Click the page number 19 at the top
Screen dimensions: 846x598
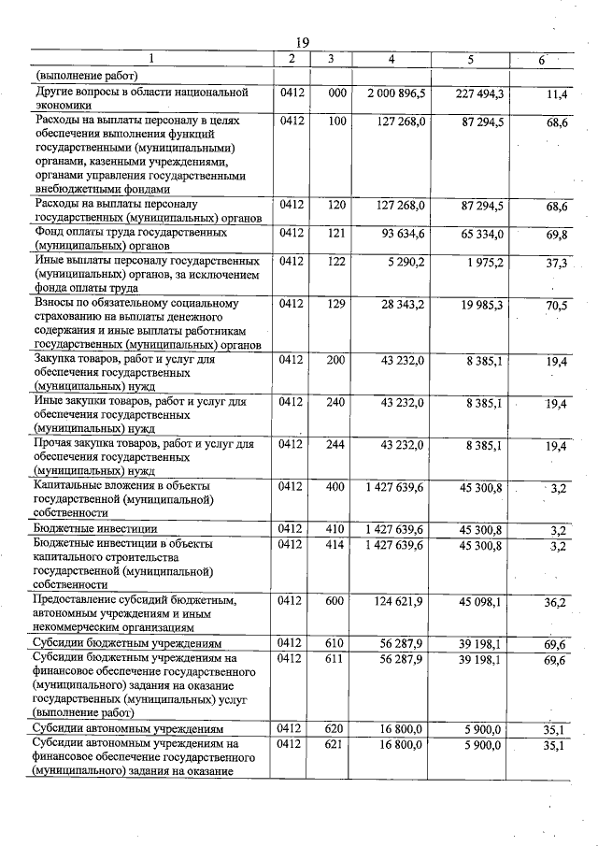click(x=302, y=42)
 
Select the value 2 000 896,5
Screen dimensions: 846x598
click(x=397, y=93)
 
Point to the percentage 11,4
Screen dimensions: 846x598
click(x=558, y=94)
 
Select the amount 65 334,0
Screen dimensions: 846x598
click(x=483, y=232)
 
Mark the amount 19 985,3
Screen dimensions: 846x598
click(x=483, y=305)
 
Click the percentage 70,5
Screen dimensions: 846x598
click(x=558, y=306)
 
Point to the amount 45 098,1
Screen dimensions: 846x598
click(x=483, y=600)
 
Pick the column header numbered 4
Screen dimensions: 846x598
click(x=392, y=60)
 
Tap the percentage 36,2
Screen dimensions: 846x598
click(x=558, y=602)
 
